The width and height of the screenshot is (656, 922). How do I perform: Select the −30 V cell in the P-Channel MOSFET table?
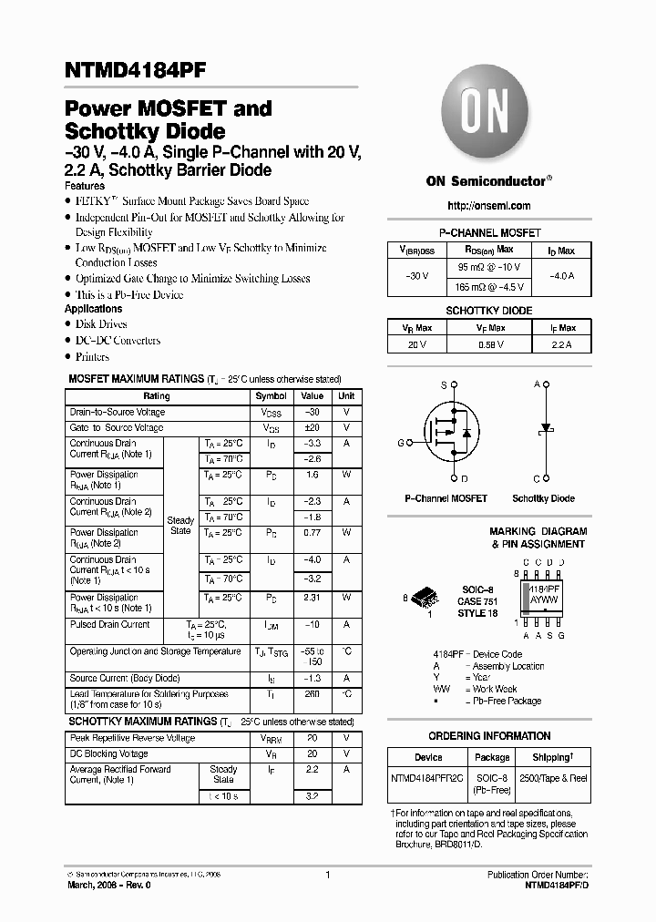(414, 275)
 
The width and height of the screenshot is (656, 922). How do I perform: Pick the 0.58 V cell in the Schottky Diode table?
(490, 344)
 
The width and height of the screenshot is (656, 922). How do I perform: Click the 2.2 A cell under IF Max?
(561, 344)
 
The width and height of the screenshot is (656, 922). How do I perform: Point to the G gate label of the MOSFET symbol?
(400, 443)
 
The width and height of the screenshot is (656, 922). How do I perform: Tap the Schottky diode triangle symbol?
(547, 427)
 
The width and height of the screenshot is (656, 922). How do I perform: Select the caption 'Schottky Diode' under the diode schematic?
(543, 498)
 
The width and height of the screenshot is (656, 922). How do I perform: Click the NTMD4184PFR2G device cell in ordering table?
(427, 778)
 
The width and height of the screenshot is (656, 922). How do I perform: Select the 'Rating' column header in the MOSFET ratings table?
(157, 396)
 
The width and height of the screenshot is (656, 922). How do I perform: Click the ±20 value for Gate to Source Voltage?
(313, 427)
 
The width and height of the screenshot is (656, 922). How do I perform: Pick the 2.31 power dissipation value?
(313, 598)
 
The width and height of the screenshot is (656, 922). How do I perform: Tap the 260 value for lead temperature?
(313, 694)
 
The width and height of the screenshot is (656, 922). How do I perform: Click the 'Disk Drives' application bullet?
(101, 324)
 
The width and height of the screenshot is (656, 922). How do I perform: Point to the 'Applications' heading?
(94, 309)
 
